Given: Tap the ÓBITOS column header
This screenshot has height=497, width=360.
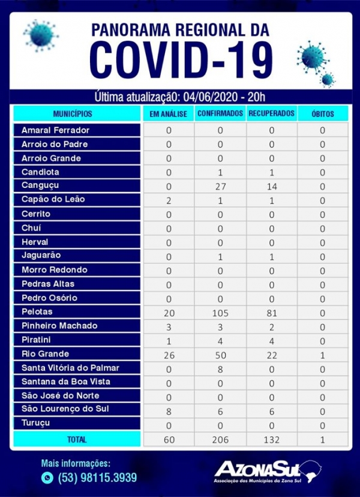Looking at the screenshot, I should coord(323,113).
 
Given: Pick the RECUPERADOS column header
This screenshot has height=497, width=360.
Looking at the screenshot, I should coord(271,113).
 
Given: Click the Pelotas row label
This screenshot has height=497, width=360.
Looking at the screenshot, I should coord(37,312).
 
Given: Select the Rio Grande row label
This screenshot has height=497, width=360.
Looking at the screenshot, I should coord(45,354).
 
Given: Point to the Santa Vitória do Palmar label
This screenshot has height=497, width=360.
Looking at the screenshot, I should coord(71,367).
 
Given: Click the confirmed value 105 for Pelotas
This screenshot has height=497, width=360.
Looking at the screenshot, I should coord(220,312).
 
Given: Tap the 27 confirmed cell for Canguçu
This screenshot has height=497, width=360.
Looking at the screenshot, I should coord(220,186).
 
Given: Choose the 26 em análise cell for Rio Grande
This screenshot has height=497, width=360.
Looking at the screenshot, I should coord(169,354).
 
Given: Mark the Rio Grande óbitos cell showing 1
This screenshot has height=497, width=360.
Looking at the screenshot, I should coord(323,354).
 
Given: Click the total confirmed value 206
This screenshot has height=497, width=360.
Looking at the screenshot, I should coord(220,440).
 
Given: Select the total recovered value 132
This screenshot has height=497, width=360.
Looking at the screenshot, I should coord(271,440).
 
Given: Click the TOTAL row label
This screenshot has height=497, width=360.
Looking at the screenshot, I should coord(76,440).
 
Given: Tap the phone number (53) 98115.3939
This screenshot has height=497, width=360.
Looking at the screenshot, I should coord(97,478).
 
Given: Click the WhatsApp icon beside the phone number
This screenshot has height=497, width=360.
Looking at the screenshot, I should coord(47,478).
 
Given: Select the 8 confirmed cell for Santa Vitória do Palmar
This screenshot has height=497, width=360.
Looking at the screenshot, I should coord(220,368).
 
